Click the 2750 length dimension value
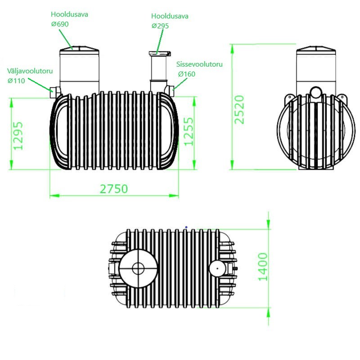click(114, 189)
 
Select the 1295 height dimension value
click(18, 136)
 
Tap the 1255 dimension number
click(189, 131)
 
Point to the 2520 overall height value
click(239, 109)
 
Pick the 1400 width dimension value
click(263, 267)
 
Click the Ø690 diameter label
click(60, 24)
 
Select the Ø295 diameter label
click(160, 26)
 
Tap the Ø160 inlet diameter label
click(187, 74)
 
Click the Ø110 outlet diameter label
click(16, 81)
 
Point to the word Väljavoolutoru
click(30, 71)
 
